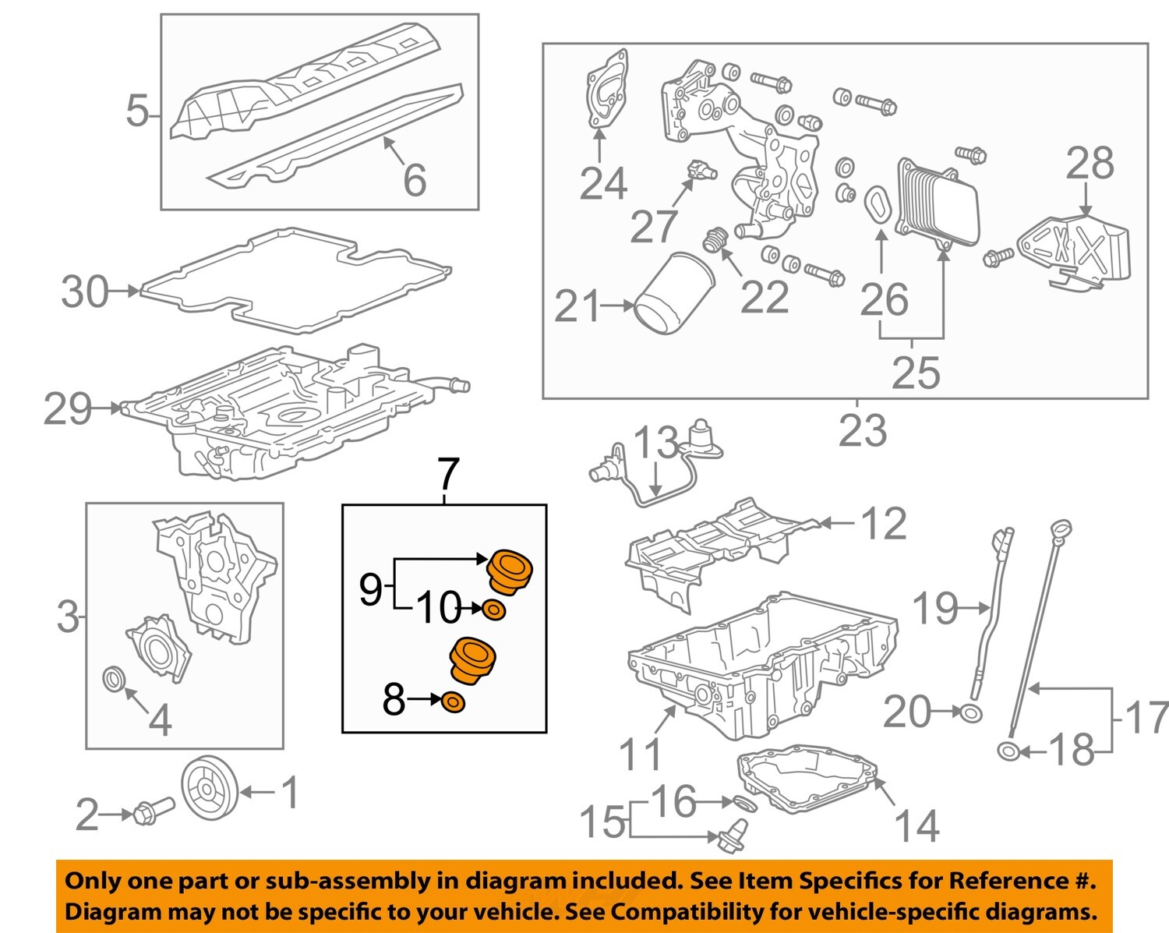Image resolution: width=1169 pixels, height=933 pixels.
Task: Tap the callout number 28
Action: [1090, 164]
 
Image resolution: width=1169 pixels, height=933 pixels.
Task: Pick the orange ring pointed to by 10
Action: [494, 610]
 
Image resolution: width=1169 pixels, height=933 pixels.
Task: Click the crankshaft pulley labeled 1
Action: [207, 792]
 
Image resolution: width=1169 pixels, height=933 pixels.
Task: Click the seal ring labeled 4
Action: [115, 678]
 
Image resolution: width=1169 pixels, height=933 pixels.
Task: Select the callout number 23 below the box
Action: [862, 430]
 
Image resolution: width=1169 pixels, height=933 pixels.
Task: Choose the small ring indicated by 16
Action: [744, 803]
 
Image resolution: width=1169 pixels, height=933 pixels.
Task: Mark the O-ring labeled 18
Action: [1008, 751]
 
